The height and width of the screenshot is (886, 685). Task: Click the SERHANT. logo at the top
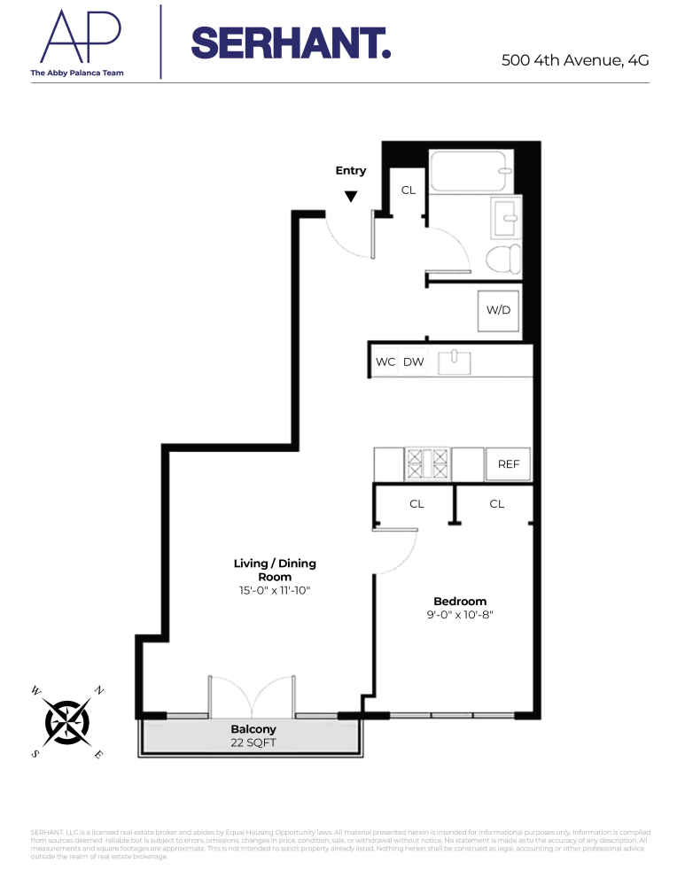point(291,43)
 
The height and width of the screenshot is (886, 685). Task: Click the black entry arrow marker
point(351,197)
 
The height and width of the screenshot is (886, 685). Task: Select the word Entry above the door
point(351,171)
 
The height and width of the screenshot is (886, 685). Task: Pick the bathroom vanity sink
point(505,216)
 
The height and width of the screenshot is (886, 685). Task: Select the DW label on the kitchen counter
point(413,361)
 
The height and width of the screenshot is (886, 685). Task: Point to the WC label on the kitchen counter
point(385,361)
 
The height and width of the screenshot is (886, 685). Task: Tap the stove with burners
point(428,462)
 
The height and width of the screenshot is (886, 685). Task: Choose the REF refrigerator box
point(509,463)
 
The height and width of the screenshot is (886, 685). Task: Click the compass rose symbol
point(68,721)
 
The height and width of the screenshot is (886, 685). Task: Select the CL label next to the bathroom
point(409,190)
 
